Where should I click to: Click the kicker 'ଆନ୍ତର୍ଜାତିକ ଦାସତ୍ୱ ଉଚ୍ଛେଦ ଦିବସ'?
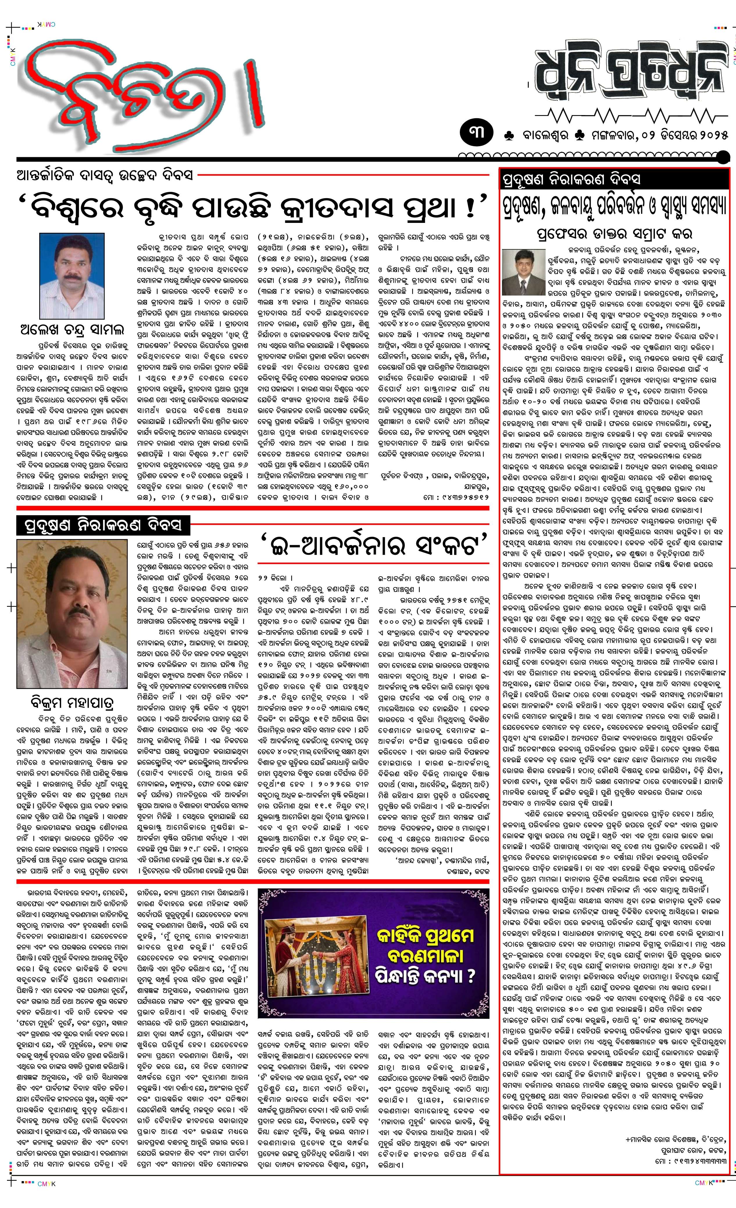[x=106, y=175]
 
